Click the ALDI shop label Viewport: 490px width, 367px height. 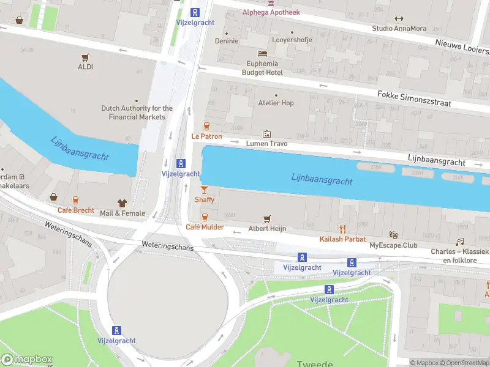pos(86,67)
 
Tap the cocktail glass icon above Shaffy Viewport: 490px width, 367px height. pos(205,190)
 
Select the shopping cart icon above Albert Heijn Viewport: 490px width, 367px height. pos(267,218)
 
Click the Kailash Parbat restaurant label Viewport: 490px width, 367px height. pos(343,239)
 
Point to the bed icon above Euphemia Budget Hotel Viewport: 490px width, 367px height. pos(263,54)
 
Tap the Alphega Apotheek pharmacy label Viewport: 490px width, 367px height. pos(272,12)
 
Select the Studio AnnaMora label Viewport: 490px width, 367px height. pos(399,28)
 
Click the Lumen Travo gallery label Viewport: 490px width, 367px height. pos(266,144)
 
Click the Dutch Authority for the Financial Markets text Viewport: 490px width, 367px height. pos(137,113)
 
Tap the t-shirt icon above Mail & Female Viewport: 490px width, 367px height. pos(122,203)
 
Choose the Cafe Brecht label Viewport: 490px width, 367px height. pos(76,210)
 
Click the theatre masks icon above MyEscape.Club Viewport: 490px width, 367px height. pos(393,235)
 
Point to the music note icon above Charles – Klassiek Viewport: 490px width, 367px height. pos(460,242)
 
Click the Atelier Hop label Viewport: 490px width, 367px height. pos(276,103)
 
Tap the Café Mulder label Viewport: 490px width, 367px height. pos(205,227)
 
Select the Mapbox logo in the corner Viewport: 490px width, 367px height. pos(26,360)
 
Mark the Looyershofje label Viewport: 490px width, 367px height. pos(292,40)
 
